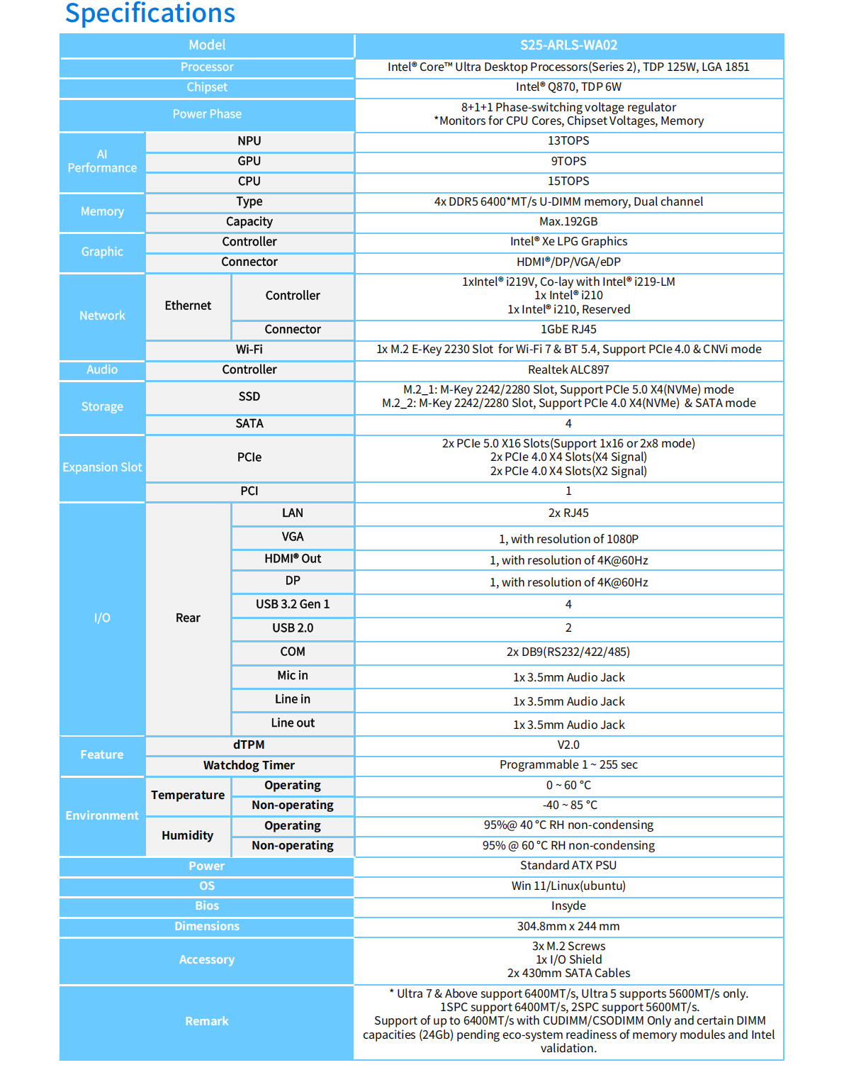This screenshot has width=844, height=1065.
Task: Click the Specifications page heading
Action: point(150,13)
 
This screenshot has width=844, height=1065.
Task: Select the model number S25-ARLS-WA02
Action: point(568,45)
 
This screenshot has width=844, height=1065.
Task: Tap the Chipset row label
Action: point(207,87)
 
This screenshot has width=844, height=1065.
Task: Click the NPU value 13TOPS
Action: point(568,141)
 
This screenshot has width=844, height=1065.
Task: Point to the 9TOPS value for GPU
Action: point(568,161)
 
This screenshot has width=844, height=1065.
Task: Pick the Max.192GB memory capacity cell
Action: point(568,222)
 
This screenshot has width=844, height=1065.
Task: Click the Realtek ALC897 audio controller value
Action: point(568,369)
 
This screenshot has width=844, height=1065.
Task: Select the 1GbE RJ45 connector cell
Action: point(568,330)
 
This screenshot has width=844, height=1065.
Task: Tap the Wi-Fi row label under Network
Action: point(249,350)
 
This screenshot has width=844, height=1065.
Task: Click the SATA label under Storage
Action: point(249,423)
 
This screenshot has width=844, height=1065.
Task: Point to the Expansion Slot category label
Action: point(102,467)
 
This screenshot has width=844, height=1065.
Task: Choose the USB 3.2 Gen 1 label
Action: point(293,604)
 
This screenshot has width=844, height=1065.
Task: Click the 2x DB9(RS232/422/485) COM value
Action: point(568,652)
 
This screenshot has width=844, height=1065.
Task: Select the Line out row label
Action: point(293,723)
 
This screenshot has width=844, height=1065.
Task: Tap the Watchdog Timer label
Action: point(249,765)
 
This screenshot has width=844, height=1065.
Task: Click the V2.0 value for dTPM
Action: point(568,745)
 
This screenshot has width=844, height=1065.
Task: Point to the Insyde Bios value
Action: point(568,905)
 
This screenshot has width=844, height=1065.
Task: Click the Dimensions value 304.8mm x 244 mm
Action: point(568,926)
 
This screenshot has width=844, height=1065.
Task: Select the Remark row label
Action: point(207,1021)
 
